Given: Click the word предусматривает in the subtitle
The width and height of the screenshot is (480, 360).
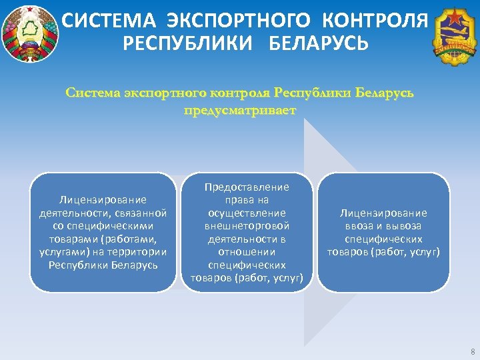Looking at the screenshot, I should click(239, 109).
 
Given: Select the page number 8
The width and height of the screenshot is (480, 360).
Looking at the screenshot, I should click(472, 351).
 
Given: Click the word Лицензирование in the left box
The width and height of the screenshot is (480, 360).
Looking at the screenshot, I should click(103, 199).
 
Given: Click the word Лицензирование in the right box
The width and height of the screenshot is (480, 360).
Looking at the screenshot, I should click(383, 213).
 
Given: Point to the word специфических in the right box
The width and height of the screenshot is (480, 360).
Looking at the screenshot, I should click(383, 239).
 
